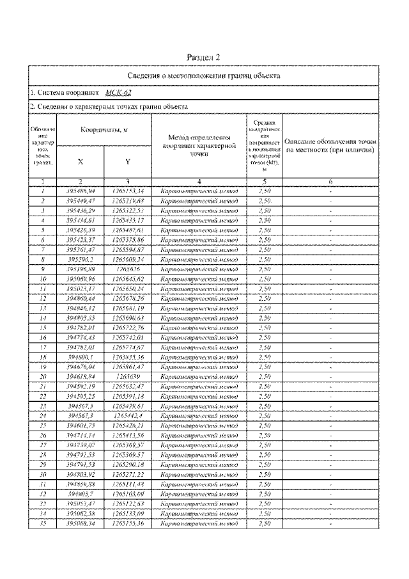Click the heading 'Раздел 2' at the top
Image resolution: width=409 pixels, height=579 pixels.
[x=204, y=58]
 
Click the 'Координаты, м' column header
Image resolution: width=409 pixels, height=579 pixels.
[x=104, y=129]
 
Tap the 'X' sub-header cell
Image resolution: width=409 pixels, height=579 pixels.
[x=80, y=161]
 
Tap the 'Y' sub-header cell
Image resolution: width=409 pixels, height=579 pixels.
[x=128, y=161]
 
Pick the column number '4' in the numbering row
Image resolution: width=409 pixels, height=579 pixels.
[x=199, y=182]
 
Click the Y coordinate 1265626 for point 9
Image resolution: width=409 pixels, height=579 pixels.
[x=128, y=270]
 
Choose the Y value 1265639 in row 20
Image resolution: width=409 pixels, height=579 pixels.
[x=128, y=377]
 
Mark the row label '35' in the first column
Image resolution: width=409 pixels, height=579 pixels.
[x=42, y=524]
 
